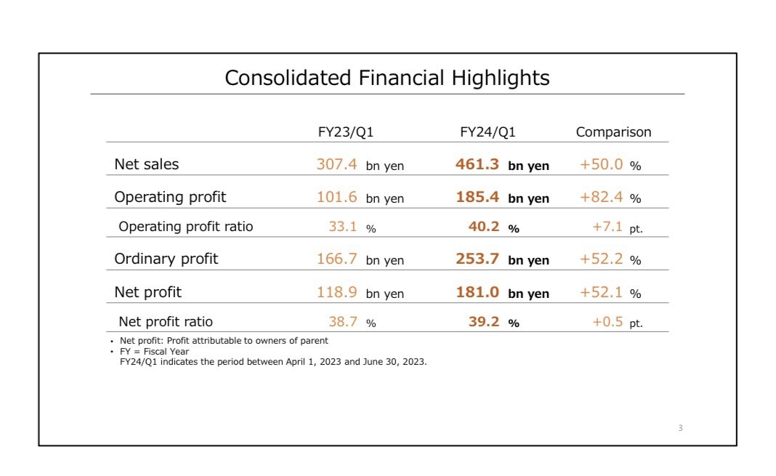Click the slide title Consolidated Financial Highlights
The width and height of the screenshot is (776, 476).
(387, 78)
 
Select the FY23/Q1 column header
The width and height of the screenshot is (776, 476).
(346, 132)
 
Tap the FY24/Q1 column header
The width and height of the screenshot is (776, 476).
(488, 132)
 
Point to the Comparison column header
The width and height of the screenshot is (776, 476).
(613, 132)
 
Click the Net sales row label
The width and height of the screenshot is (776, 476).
(146, 164)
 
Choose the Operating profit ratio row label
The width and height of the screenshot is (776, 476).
(186, 227)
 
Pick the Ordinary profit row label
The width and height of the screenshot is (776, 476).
(166, 259)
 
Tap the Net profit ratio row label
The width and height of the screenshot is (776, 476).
(166, 321)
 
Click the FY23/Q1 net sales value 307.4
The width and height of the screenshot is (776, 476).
(336, 164)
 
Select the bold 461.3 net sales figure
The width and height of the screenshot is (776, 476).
(477, 164)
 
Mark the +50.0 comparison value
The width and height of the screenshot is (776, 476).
(601, 164)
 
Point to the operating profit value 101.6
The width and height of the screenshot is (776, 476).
(336, 197)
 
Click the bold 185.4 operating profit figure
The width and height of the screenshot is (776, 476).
(477, 197)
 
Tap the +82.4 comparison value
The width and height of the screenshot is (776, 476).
(601, 197)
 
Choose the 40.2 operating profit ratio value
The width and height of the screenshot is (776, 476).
(484, 227)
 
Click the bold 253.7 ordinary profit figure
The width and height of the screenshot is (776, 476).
(477, 259)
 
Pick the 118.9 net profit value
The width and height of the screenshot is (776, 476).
(336, 292)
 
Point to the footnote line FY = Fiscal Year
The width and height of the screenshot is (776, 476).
(154, 352)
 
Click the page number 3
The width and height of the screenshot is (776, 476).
(680, 428)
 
